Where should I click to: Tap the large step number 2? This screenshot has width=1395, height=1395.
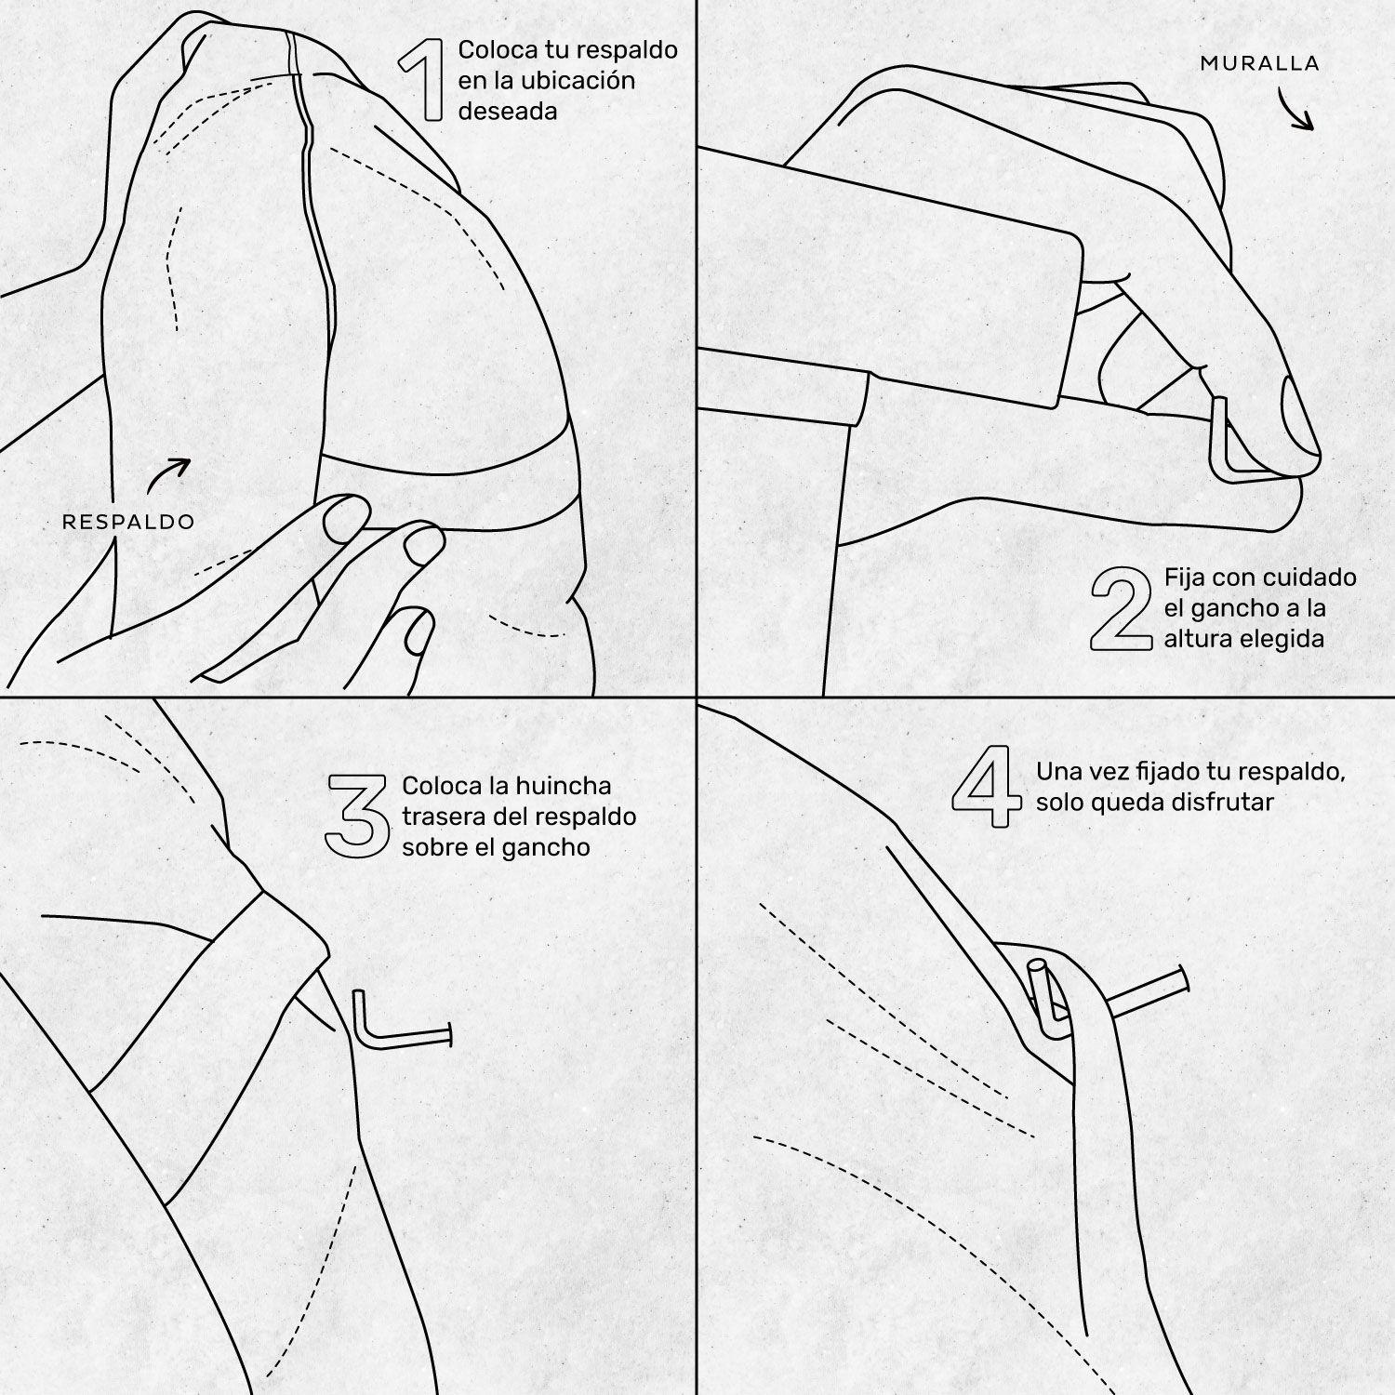click(x=1121, y=608)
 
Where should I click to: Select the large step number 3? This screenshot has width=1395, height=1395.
click(x=357, y=816)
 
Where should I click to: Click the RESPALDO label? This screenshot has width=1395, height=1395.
click(x=128, y=522)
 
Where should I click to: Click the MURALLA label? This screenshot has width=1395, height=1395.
click(x=1259, y=63)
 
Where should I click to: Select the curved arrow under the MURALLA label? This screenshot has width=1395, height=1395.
click(x=1295, y=110)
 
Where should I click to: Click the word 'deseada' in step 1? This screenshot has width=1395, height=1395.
click(x=508, y=112)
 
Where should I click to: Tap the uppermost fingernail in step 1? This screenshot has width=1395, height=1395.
click(x=345, y=516)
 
